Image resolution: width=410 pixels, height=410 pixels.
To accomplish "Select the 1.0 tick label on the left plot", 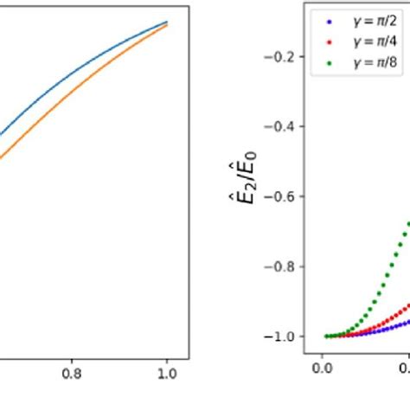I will [x=167, y=375].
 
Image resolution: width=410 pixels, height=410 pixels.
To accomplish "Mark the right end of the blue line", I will [x=167, y=22].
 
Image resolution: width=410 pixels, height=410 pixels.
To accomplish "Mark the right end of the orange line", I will [x=167, y=25].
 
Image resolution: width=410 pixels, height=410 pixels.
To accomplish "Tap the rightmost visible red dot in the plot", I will [x=407, y=303].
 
